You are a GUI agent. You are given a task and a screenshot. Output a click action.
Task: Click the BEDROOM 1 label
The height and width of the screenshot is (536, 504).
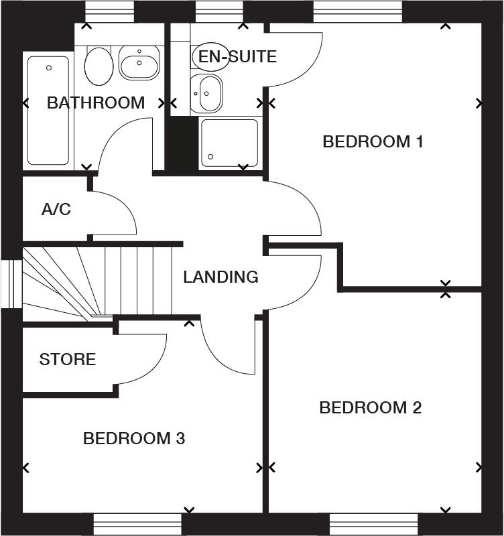pos(373,142)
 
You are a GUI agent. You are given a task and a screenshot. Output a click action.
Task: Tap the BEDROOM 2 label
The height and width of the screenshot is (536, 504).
pos(370,407)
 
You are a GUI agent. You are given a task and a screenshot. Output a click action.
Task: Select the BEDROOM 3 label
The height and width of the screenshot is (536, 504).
pos(134,439)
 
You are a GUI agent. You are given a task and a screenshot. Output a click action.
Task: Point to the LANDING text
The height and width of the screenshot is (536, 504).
pos(220,277)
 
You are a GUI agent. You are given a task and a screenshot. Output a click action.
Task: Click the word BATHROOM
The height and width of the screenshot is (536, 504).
pos(96,103)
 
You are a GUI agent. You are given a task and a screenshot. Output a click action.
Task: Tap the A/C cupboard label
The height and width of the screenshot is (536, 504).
pos(56,210)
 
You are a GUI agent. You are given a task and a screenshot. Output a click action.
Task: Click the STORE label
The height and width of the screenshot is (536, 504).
pos(68,360)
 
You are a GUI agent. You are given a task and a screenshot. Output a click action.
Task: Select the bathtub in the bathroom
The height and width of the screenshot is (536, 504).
pos(48,111)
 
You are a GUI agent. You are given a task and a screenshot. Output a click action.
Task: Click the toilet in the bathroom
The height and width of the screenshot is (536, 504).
pos(99,65)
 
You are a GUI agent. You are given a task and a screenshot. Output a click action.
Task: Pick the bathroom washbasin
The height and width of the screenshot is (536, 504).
pos(139,63)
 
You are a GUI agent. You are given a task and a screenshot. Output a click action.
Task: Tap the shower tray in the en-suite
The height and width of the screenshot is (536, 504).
pos(229,142)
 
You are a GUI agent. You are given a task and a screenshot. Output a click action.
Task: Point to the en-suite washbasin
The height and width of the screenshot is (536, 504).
pos(207,94)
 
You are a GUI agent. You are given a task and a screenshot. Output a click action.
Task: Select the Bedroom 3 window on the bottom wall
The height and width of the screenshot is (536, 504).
pos(137,524)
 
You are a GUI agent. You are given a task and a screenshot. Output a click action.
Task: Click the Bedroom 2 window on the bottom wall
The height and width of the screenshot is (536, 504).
pos(373,524)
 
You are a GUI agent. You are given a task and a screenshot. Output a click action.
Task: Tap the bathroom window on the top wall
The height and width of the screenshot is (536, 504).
pos(109,11)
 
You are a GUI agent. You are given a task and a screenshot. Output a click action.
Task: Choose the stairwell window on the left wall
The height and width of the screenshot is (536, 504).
pos(11,284)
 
